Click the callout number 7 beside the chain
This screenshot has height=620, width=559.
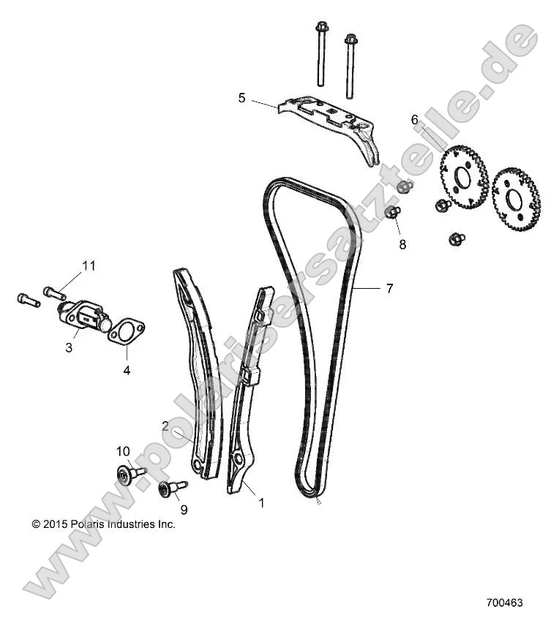(390, 289)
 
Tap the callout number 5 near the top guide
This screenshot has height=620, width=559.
(241, 97)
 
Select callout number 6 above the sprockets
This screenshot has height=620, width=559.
(414, 119)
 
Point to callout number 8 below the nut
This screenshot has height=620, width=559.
(402, 244)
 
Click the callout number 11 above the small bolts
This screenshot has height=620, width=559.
(89, 265)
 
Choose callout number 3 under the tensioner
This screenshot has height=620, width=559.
(69, 348)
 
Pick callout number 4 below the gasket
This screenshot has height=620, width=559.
(126, 370)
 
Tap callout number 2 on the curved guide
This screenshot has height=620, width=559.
(166, 426)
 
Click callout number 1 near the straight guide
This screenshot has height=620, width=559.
(260, 502)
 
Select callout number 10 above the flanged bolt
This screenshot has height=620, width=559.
(122, 451)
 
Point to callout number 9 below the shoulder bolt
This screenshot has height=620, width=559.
(184, 508)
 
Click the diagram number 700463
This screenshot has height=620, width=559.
(504, 604)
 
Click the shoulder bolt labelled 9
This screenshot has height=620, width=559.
(172, 487)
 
